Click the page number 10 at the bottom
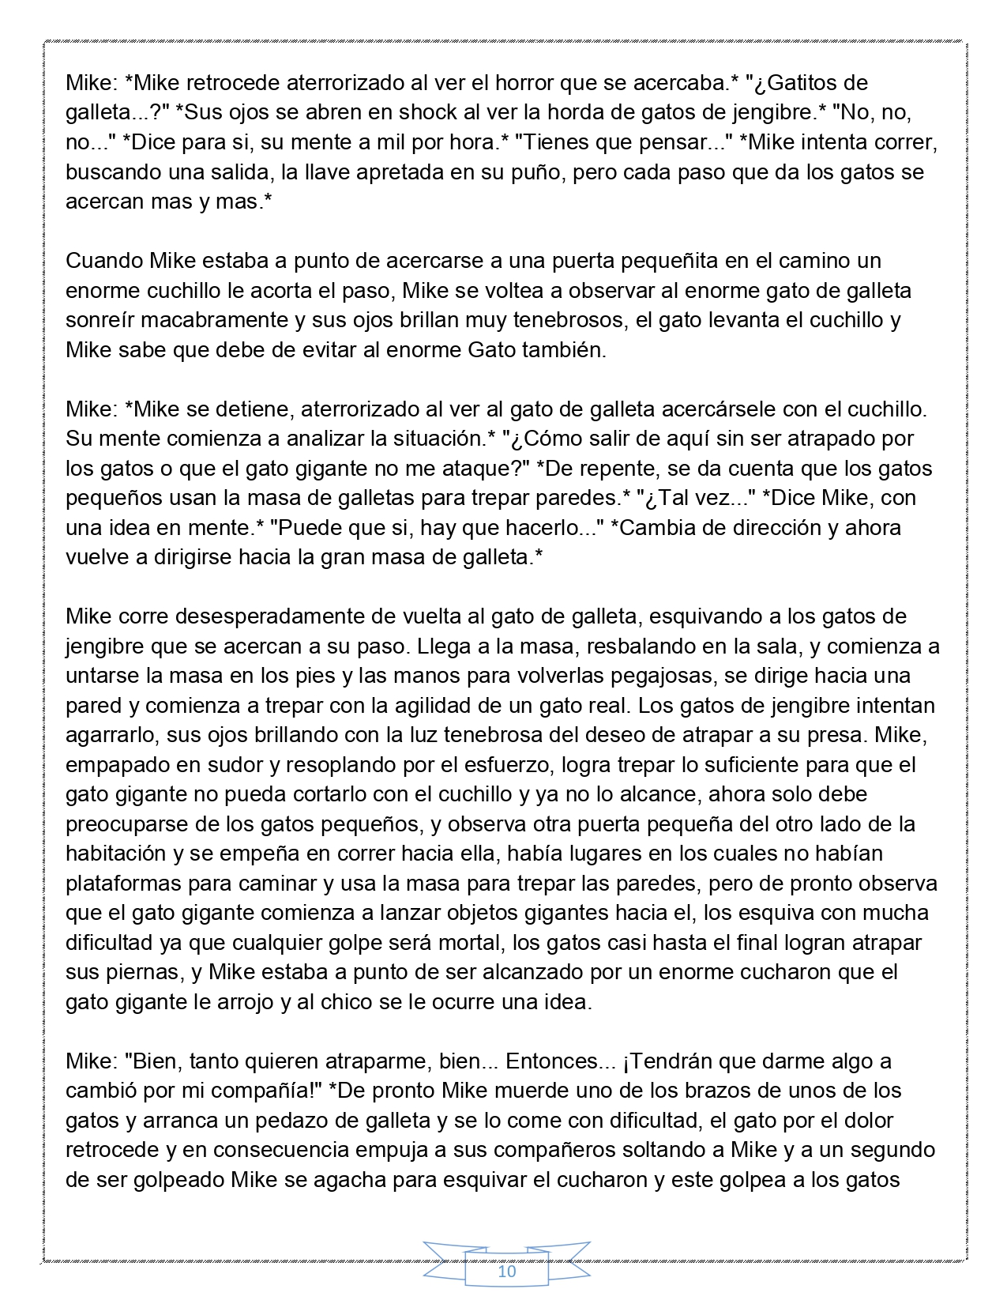click(506, 1272)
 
